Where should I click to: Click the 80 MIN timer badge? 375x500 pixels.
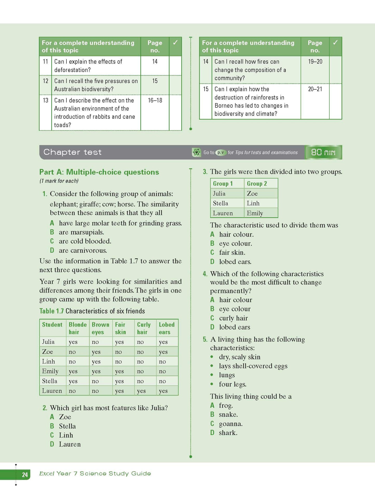point(323,152)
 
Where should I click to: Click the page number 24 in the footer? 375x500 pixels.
point(25,475)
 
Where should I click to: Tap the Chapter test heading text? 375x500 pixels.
point(72,152)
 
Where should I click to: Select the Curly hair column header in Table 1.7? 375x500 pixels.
point(144,328)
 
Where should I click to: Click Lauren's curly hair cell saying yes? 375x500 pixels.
point(141,391)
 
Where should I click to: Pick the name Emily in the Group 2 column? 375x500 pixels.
point(255,213)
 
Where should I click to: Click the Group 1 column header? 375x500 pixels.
point(223,184)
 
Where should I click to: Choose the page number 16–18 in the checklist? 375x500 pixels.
point(155,100)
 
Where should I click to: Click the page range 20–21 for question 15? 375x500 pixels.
point(315,89)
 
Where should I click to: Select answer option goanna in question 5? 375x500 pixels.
point(230,424)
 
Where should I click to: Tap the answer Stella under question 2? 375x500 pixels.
point(67,426)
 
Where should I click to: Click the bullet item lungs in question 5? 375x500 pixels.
point(227,375)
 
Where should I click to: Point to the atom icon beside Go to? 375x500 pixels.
point(196,152)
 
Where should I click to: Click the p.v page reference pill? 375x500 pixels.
point(221,152)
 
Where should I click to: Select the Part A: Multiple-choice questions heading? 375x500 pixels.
point(99,172)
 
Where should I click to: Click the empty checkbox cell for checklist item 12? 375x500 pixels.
point(175,85)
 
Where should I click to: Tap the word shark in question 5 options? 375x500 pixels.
point(228,433)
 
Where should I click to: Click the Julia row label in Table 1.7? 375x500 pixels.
point(49,342)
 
